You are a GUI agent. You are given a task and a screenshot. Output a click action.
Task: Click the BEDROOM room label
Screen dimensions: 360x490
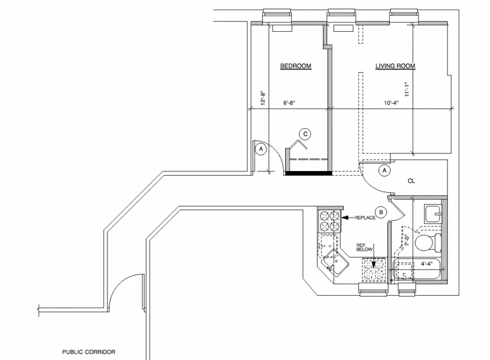click(295, 67)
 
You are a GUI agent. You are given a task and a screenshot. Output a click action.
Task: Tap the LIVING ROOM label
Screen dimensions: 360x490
click(395, 67)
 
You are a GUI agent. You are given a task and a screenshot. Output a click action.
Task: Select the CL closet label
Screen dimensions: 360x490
click(411, 181)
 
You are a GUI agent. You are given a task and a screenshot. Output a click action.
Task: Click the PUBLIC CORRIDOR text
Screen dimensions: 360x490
click(88, 352)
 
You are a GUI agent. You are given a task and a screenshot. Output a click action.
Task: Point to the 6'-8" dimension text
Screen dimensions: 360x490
click(289, 103)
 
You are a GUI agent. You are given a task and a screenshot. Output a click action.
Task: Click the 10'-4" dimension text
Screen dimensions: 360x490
click(392, 103)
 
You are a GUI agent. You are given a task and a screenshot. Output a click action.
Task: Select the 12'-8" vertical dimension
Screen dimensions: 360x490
click(262, 97)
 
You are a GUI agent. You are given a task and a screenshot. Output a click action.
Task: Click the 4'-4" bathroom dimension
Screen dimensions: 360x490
click(427, 263)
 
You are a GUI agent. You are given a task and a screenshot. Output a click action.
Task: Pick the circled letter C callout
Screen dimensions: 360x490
click(305, 134)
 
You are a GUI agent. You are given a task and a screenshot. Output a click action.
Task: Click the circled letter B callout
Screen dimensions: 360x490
click(380, 211)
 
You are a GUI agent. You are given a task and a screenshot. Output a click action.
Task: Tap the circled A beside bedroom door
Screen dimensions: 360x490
click(260, 149)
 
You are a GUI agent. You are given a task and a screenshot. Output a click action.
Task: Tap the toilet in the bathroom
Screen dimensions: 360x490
click(428, 243)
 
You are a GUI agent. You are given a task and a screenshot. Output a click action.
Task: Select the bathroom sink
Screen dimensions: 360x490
click(432, 214)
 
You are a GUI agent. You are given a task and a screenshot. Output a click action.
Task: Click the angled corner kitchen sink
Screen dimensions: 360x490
click(333, 265)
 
